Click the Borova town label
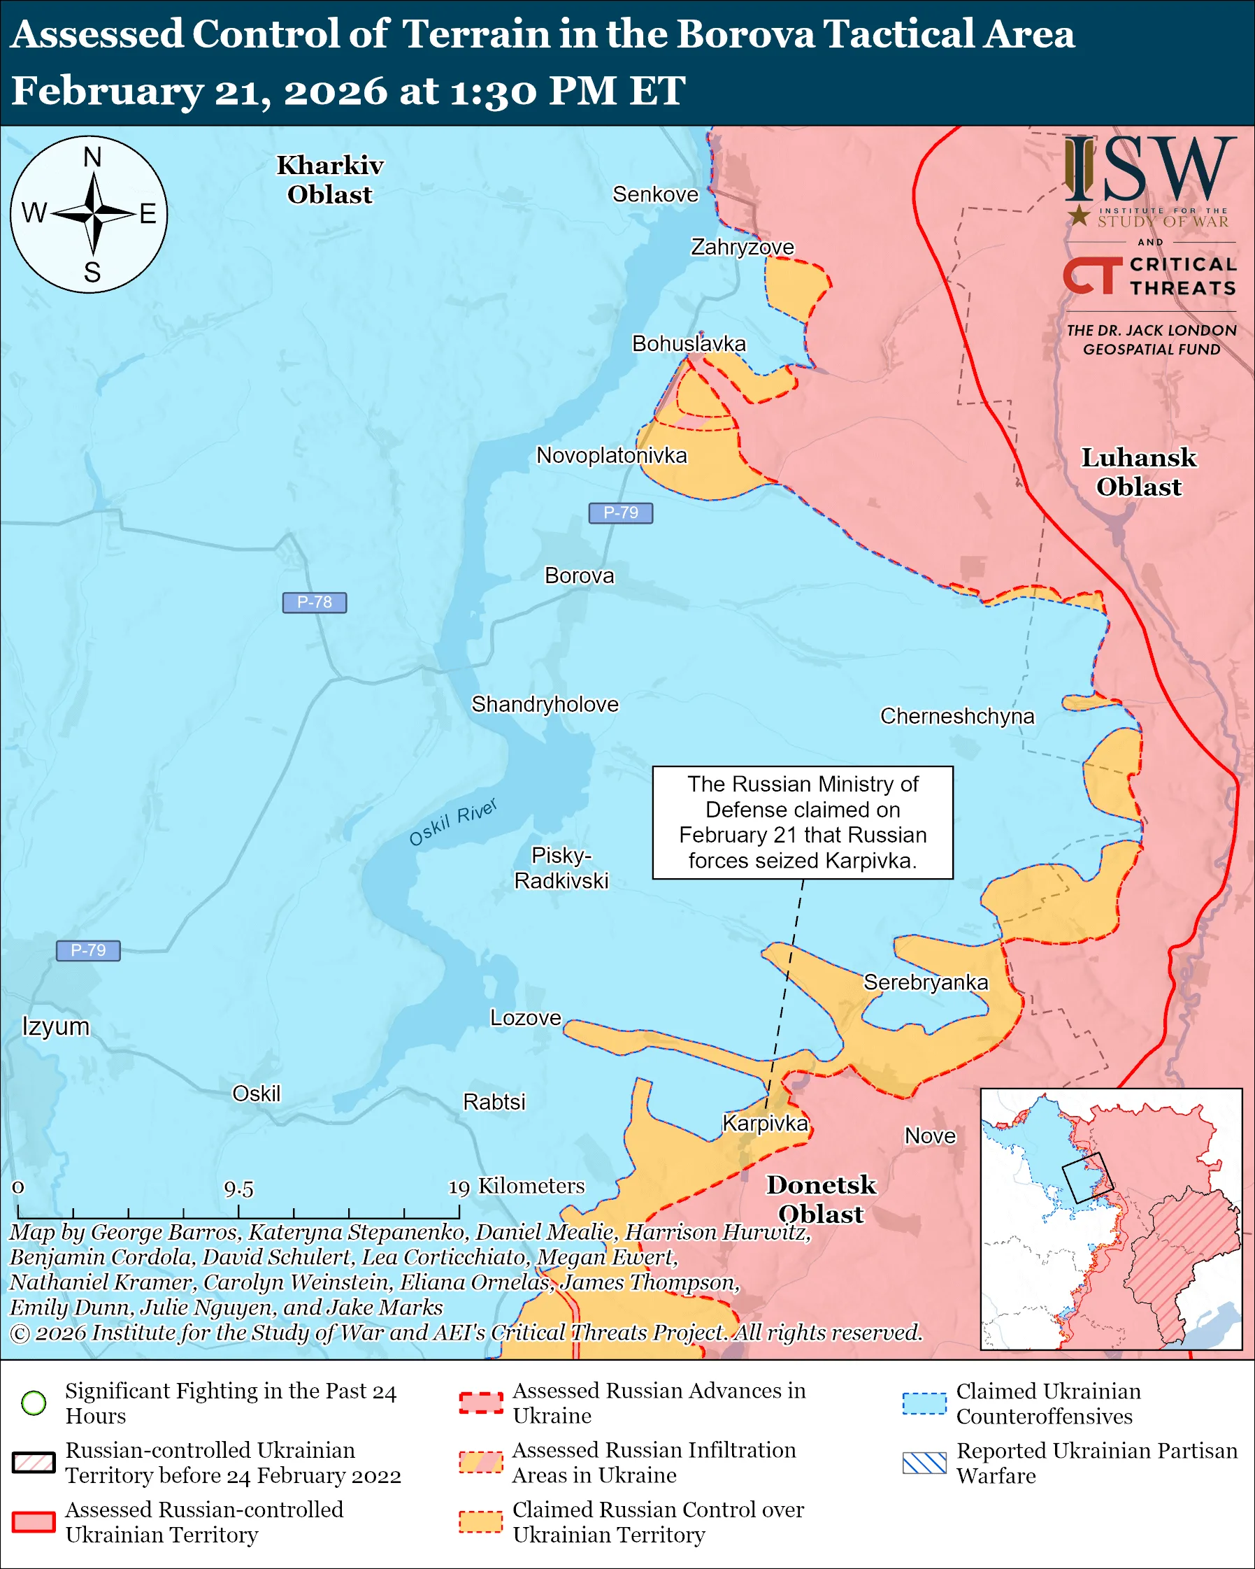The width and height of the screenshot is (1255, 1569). click(x=579, y=575)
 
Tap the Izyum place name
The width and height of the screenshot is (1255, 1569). click(x=55, y=1026)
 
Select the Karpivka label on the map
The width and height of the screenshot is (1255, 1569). click(x=765, y=1123)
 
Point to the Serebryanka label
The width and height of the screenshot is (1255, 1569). click(x=926, y=982)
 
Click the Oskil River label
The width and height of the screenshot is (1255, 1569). click(x=452, y=822)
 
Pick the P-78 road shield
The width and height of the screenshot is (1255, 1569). click(x=315, y=602)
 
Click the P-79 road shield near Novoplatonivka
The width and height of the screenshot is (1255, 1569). click(x=621, y=513)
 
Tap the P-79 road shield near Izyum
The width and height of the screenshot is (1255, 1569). click(x=88, y=950)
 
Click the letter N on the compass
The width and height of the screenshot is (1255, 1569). click(x=92, y=157)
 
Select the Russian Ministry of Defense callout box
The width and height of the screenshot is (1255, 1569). click(x=803, y=822)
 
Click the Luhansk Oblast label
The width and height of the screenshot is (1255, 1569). click(x=1139, y=471)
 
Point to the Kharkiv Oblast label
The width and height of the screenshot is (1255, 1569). click(x=329, y=180)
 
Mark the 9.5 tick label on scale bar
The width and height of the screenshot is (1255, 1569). click(x=238, y=1189)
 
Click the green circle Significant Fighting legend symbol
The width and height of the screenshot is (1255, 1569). click(x=34, y=1403)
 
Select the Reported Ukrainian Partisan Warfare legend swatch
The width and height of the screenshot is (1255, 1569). click(x=924, y=1463)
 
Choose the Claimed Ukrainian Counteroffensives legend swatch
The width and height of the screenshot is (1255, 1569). click(x=924, y=1403)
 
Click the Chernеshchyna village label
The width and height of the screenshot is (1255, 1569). click(x=956, y=716)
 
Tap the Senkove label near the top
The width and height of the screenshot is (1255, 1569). click(x=655, y=194)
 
